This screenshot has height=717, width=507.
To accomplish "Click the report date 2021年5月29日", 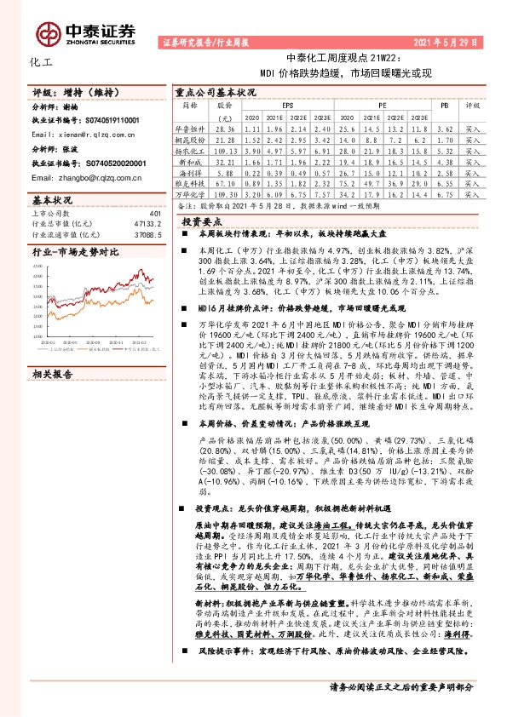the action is tap(455, 40).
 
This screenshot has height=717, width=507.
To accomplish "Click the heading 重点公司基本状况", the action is tap(215, 91).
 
